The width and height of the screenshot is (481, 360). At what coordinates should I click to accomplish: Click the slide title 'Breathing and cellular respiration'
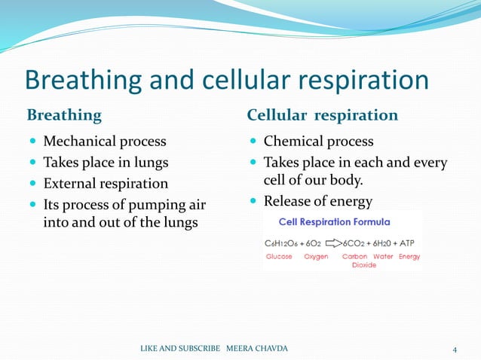227,81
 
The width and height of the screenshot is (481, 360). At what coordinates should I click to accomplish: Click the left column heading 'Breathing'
64,115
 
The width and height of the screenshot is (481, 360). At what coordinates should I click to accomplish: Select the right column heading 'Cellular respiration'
322,115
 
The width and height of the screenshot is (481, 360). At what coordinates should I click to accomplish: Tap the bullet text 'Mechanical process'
105,142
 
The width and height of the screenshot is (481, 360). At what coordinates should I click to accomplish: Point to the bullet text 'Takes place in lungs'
106,163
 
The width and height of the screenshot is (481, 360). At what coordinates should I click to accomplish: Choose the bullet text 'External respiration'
106,184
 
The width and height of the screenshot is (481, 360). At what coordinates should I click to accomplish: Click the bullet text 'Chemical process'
318,142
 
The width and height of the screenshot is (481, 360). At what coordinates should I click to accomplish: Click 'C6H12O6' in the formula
283,244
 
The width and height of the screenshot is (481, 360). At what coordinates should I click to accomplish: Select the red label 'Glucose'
279,257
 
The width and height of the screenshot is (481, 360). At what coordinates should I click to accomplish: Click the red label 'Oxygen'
316,257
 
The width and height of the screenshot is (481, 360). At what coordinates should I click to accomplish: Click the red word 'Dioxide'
364,265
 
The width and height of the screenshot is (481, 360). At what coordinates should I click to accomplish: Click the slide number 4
455,349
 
